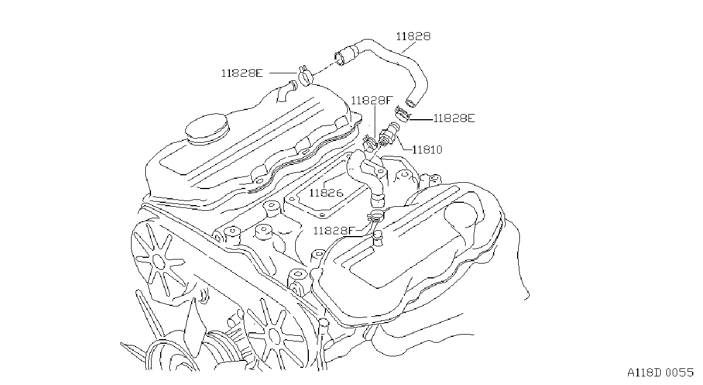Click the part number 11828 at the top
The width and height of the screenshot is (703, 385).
(x=413, y=37)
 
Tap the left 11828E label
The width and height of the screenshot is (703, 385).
(x=241, y=73)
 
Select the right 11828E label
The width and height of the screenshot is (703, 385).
(x=454, y=119)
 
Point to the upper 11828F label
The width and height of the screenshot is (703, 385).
(x=372, y=101)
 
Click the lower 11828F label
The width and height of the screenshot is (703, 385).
(x=334, y=231)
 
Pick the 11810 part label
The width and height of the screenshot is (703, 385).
(x=427, y=150)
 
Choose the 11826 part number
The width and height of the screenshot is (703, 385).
(x=326, y=192)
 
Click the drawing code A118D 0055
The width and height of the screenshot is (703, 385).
(x=660, y=372)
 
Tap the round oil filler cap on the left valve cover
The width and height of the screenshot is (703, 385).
(x=206, y=129)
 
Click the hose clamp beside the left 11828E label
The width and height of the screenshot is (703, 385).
(x=305, y=76)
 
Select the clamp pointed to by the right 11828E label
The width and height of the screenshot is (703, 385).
(x=402, y=115)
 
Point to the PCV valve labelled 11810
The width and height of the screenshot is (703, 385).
(x=389, y=133)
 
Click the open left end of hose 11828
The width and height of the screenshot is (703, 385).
(x=339, y=59)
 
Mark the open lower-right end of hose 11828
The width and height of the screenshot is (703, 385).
(x=411, y=103)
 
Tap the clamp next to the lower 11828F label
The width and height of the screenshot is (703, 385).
(x=375, y=215)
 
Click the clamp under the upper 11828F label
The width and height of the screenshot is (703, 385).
(x=370, y=143)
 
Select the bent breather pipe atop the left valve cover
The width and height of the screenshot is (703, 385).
(x=286, y=91)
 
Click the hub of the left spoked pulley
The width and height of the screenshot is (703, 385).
(x=158, y=261)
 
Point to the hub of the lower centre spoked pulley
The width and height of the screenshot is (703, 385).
(x=274, y=336)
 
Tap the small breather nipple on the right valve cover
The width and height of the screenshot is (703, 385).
(x=378, y=238)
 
